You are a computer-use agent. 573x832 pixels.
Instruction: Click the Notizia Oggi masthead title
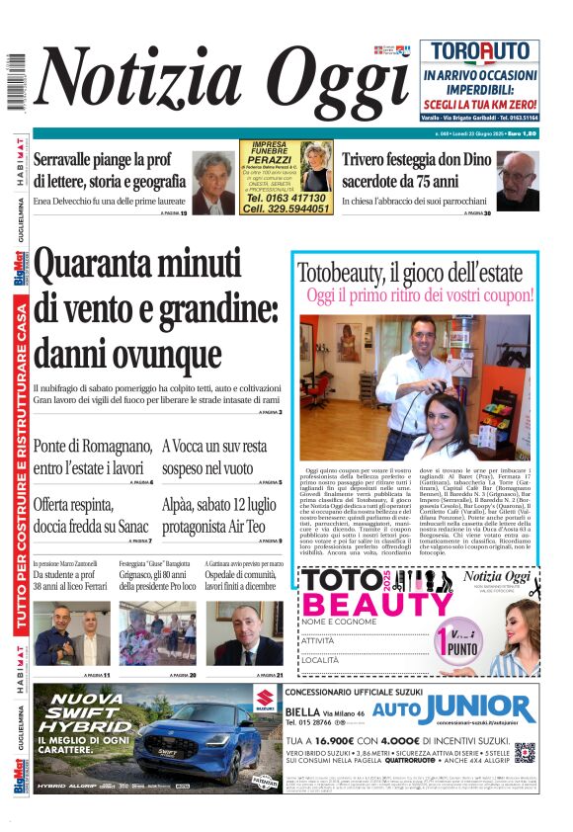tap(222, 84)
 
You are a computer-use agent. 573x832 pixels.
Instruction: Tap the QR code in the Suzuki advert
tap(525, 754)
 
